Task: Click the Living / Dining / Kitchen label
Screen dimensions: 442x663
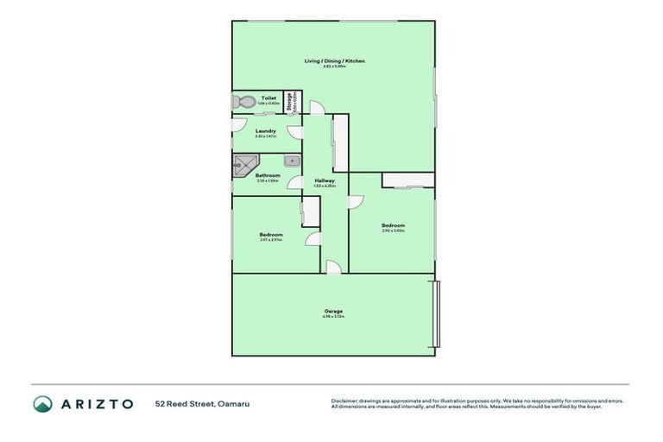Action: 334,60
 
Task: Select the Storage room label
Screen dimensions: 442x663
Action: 291,102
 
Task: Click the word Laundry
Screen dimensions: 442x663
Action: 265,131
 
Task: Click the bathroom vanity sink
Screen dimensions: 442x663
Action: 292,160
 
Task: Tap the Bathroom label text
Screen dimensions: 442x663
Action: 268,175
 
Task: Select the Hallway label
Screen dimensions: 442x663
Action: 325,180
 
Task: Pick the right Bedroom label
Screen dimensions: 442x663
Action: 393,225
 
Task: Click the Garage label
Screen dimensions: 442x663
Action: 334,311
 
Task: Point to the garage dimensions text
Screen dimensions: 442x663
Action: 334,317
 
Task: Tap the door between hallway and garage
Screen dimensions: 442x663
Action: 333,268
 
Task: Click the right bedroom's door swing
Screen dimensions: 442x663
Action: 356,201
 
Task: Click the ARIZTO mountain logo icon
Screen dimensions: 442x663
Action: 43,403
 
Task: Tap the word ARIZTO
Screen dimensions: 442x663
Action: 97,403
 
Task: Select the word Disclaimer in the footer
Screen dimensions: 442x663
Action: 344,401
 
